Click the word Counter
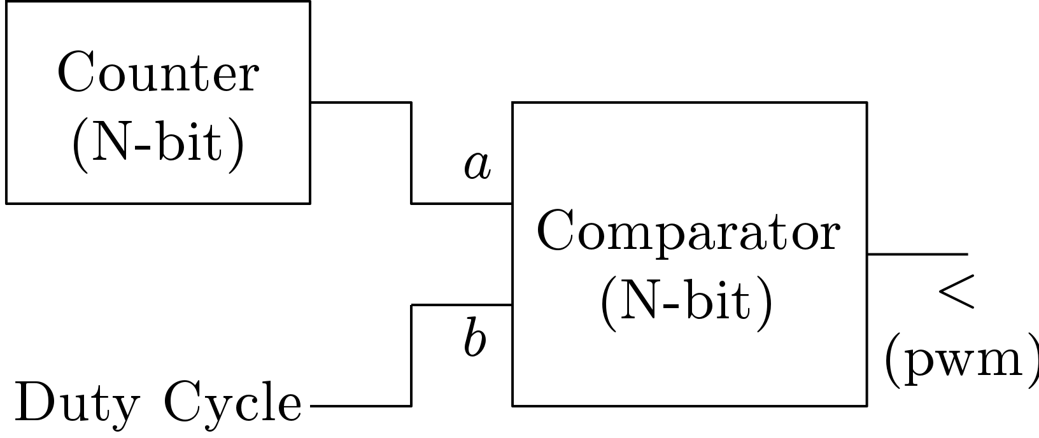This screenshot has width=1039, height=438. (158, 72)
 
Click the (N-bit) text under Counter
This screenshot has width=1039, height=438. (158, 145)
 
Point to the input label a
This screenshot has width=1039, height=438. (477, 165)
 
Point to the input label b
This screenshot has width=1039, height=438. (475, 337)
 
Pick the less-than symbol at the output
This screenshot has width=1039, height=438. (956, 292)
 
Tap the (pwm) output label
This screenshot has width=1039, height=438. (962, 360)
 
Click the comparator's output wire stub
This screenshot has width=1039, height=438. (917, 254)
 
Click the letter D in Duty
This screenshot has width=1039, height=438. (34, 402)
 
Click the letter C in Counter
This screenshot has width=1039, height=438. (76, 71)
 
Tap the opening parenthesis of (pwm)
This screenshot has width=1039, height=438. (893, 360)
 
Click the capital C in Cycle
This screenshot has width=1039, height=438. (183, 401)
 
